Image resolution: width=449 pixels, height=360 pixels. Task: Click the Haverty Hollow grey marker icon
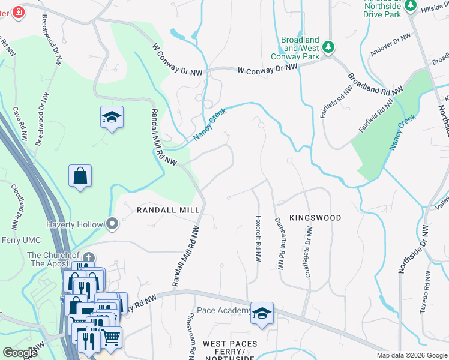[x=112, y=224]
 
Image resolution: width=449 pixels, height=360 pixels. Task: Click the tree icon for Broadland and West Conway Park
[x=328, y=46]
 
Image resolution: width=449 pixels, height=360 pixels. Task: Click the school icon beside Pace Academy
[x=262, y=313]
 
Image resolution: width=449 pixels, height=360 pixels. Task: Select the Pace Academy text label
[x=223, y=310]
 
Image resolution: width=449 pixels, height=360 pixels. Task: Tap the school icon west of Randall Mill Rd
[x=112, y=117]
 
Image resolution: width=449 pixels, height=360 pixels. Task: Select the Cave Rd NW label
[x=20, y=124]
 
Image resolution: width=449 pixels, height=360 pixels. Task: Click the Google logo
[x=20, y=352]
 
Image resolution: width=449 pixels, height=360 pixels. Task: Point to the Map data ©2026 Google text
[x=411, y=355]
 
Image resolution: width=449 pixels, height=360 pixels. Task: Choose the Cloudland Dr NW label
[x=15, y=207]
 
